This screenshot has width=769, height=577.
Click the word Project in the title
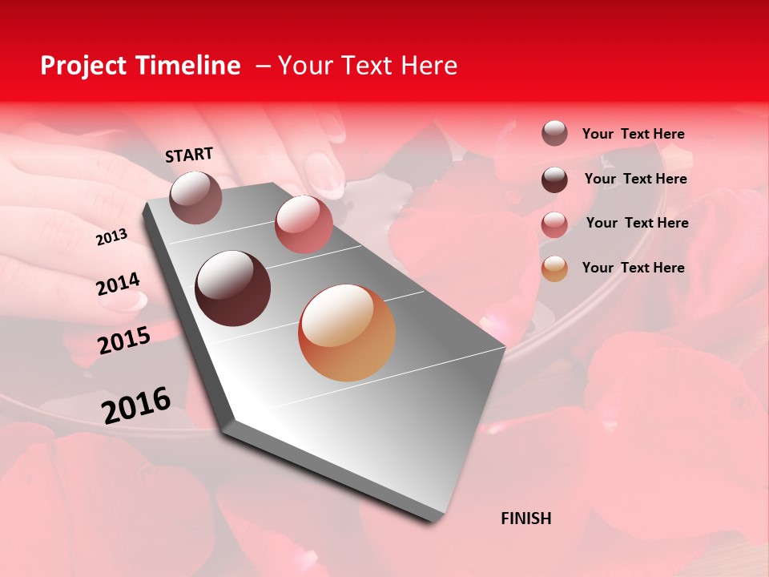83,66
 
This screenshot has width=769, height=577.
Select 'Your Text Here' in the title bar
368,66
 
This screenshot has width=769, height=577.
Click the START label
189,155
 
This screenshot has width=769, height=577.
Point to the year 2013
111,237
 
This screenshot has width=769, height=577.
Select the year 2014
118,284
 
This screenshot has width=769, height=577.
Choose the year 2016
136,406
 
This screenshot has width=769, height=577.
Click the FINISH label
525,518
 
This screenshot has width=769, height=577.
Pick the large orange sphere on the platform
347,333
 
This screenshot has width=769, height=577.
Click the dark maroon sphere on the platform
233,288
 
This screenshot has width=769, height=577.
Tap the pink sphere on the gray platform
304,224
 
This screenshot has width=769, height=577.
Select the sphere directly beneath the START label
196,197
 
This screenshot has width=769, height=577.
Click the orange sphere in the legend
554,268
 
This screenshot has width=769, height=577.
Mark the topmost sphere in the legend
554,134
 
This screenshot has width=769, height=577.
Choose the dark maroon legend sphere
554,180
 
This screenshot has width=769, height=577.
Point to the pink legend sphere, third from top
554,224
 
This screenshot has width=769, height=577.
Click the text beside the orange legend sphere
633,268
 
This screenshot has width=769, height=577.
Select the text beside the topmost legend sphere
633,134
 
